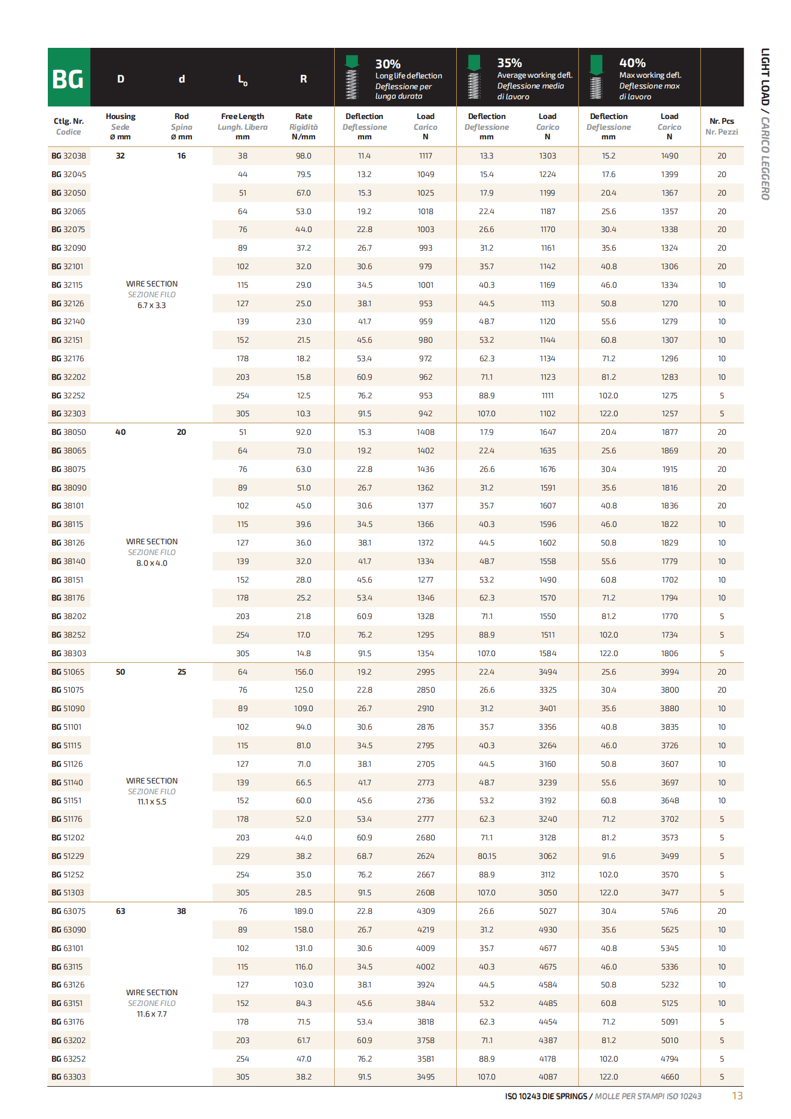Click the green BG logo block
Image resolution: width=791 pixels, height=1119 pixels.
point(69,78)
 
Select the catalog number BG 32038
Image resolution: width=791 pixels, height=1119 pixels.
point(69,156)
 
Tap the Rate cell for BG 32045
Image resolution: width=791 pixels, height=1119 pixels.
point(303,175)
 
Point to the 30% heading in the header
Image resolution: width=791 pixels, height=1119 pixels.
point(387,64)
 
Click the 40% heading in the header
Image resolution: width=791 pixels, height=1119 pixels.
point(632,63)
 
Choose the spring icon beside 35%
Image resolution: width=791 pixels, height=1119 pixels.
point(474,78)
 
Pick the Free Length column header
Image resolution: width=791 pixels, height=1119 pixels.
point(242,117)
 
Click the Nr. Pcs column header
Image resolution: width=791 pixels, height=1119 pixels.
point(722,121)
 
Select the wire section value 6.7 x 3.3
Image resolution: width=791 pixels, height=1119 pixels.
point(152,306)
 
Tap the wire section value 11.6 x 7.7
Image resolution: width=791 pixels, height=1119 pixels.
point(152,1014)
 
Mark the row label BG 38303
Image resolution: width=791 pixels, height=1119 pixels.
point(69,654)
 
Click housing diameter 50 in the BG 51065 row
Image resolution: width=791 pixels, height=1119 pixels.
point(120,672)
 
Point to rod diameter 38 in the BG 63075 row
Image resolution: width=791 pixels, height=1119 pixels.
point(181,911)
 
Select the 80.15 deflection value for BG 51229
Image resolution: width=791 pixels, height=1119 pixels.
point(487,856)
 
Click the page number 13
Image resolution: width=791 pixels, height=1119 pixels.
point(737,1096)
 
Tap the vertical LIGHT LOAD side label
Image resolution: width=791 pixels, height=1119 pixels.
point(765,78)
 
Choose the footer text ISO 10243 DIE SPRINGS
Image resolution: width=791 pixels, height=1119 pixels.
point(546,1096)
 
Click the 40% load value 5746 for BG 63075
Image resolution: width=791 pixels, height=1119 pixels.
point(670,911)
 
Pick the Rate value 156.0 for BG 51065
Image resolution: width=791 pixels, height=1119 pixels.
point(303,672)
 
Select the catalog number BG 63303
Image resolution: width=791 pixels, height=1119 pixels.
point(69,1077)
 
